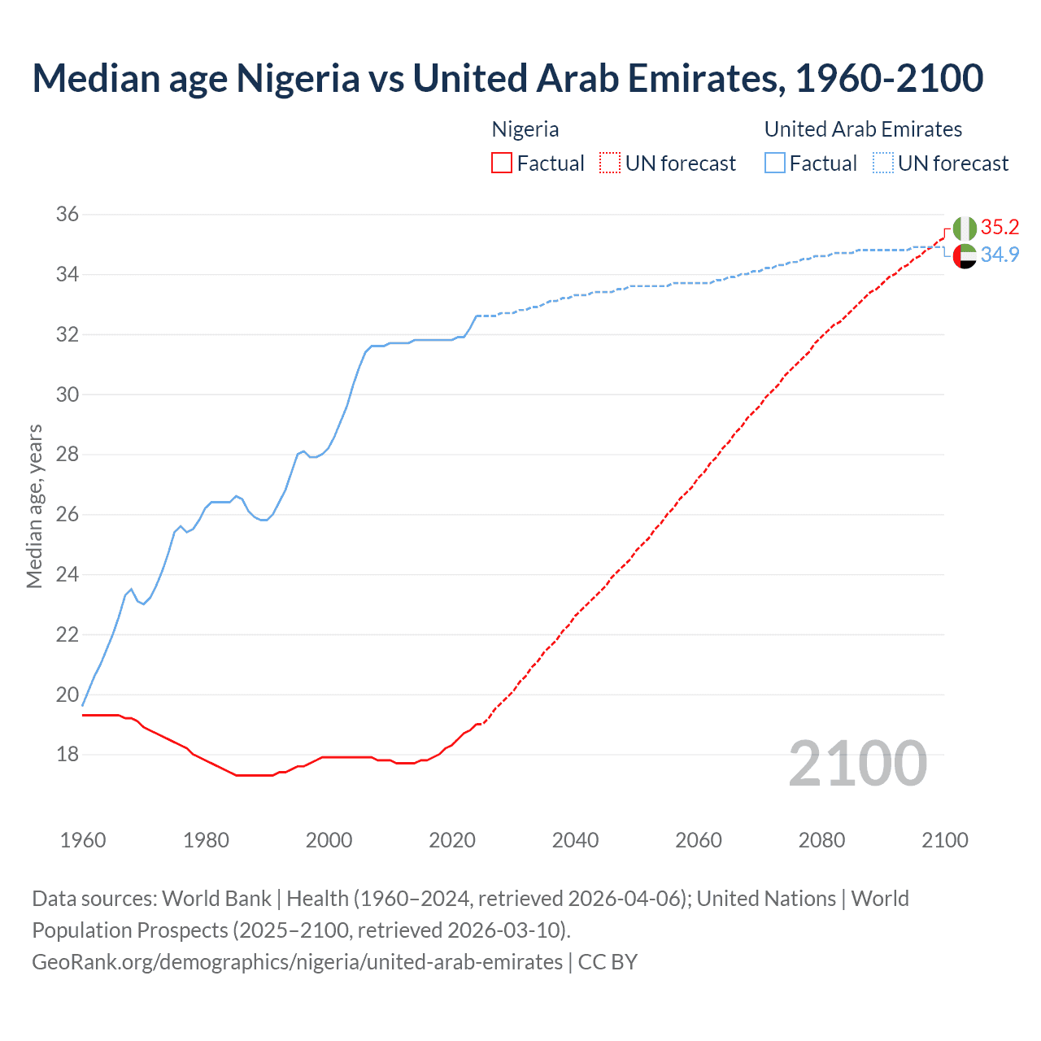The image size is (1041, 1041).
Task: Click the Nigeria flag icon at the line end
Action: click(965, 229)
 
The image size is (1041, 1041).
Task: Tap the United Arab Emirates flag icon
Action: click(965, 255)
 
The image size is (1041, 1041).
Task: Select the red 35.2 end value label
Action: click(1000, 227)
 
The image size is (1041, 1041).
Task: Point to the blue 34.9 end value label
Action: click(1000, 255)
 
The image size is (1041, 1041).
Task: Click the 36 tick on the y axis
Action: click(68, 215)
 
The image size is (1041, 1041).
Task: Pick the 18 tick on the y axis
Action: click(68, 755)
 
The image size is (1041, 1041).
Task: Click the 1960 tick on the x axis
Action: click(83, 840)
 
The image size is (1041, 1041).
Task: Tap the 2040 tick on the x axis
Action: click(575, 840)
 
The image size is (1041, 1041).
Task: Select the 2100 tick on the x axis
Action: click(944, 840)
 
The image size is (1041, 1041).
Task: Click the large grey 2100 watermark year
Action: click(857, 763)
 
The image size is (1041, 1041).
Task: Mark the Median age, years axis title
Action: click(34, 506)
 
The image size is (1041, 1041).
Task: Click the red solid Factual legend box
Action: click(502, 163)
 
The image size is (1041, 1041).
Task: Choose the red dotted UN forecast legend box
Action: click(610, 163)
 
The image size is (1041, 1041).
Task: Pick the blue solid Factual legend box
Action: click(775, 163)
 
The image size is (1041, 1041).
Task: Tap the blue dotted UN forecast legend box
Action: click(883, 163)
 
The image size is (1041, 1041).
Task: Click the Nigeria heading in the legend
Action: click(525, 129)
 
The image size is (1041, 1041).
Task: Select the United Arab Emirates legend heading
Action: click(863, 129)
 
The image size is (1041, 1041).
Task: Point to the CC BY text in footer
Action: click(608, 962)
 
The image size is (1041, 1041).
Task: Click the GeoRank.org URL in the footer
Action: click(297, 962)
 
